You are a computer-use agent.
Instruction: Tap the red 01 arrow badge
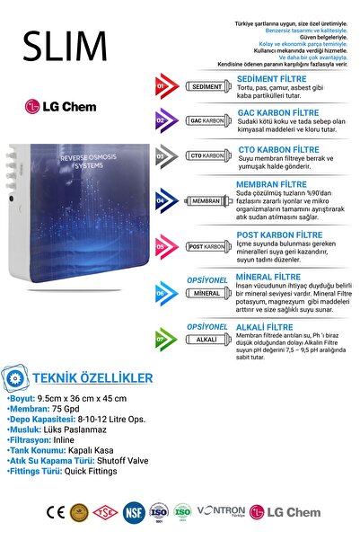163,88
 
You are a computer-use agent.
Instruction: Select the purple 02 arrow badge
163,120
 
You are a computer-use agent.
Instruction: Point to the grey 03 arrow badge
163,155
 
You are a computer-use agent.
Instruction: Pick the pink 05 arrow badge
163,246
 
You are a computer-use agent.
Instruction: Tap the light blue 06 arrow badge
163,293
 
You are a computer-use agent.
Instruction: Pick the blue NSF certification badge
134,513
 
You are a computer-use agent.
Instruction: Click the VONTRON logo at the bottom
222,510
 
